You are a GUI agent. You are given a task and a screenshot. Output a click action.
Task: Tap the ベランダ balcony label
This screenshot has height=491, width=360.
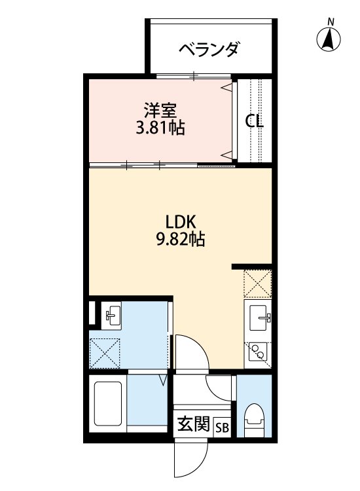(209, 49)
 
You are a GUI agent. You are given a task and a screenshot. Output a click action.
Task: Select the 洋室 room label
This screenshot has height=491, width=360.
(160, 109)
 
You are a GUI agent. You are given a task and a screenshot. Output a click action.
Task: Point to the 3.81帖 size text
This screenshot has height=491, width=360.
(160, 128)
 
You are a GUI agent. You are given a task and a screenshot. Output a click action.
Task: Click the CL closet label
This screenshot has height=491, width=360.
(255, 121)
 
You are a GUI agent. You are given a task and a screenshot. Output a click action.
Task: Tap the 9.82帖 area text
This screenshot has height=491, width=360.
(179, 240)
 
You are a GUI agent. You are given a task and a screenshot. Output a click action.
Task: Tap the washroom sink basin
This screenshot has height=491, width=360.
(110, 316)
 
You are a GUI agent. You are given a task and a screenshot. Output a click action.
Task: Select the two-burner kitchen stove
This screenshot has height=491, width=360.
(257, 352)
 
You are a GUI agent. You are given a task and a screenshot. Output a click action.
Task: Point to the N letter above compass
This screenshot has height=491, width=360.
(331, 22)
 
